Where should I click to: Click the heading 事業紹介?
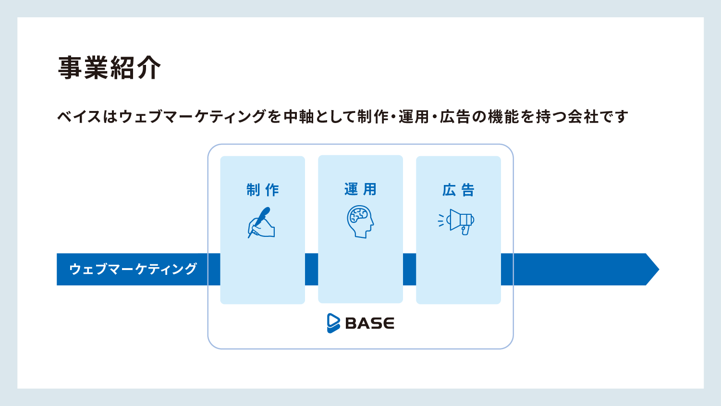109,68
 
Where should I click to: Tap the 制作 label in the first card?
263,190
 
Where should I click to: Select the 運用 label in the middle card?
360,189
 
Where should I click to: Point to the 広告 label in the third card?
458,190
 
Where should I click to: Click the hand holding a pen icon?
261,222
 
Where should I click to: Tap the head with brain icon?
360,222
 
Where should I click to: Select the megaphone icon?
456,222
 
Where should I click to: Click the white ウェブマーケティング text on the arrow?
133,269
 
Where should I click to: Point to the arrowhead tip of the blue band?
659,269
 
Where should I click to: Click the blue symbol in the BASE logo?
333,323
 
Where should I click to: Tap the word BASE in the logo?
369,323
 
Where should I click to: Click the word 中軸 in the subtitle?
298,117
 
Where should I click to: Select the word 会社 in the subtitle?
583,117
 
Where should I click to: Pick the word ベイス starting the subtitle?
79,117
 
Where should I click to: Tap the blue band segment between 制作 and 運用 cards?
312,269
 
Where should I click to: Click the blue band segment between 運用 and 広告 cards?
409,269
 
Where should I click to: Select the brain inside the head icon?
359,215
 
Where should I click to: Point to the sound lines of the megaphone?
441,221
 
